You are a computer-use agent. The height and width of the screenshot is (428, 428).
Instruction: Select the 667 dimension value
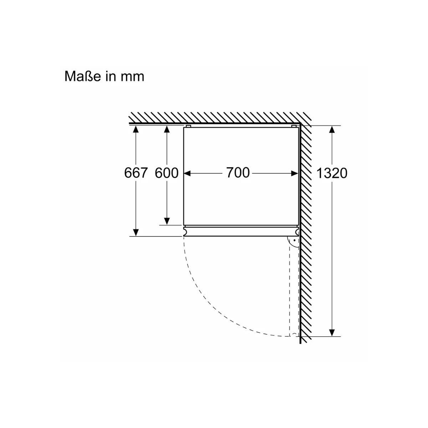[136, 173]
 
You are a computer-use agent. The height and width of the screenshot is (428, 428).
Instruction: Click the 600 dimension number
[167, 173]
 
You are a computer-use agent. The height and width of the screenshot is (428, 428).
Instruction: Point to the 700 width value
[238, 173]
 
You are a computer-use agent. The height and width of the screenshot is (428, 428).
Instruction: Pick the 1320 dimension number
[332, 173]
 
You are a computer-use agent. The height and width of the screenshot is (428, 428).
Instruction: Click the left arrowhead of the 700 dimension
[187, 173]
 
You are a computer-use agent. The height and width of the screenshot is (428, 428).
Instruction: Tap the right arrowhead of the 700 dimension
[295, 173]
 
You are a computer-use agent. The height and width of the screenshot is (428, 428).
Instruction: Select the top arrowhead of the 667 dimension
[136, 129]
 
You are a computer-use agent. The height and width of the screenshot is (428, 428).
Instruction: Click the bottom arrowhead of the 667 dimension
[136, 233]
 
